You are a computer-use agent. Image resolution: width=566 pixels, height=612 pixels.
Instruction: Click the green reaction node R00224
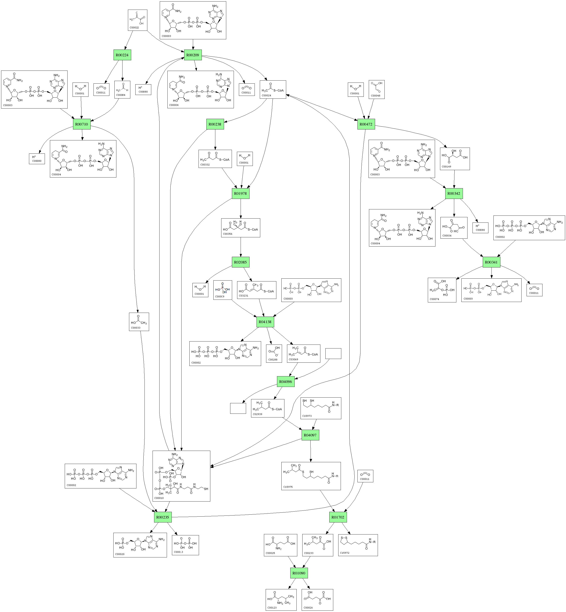(x=122, y=55)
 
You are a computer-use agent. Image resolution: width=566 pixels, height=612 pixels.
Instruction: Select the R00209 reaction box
(x=193, y=55)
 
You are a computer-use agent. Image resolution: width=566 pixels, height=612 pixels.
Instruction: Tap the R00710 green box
(x=82, y=124)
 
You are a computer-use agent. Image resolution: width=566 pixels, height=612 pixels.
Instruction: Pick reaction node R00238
(x=215, y=124)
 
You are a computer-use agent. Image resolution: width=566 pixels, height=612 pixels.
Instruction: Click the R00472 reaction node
(x=366, y=124)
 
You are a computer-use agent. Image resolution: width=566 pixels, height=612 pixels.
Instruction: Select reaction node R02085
(x=240, y=262)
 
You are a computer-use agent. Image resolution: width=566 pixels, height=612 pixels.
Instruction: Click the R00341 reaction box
(x=492, y=262)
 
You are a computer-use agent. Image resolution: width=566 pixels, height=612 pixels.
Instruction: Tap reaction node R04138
(x=265, y=322)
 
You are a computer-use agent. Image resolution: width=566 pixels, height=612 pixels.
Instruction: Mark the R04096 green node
(x=286, y=382)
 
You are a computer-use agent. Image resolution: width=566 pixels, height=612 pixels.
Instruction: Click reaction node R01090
(x=299, y=573)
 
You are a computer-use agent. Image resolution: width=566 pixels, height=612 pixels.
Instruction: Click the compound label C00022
(x=134, y=28)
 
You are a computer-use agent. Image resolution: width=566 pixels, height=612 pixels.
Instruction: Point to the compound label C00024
(x=266, y=95)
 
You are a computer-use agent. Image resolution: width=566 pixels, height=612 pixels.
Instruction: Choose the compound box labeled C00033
(x=139, y=322)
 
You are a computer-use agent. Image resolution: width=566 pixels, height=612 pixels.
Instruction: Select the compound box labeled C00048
(x=376, y=89)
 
